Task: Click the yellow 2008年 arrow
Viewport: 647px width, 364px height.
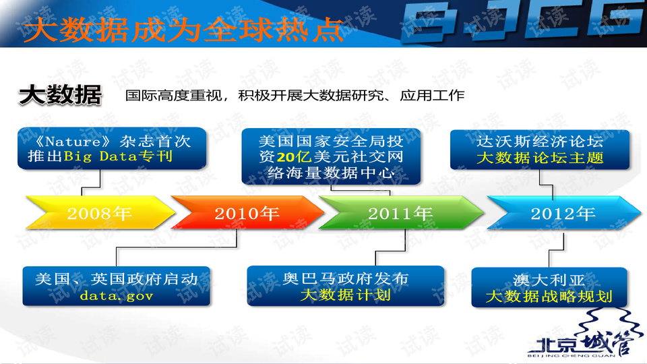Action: point(100,212)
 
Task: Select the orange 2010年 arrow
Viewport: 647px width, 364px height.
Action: point(247,212)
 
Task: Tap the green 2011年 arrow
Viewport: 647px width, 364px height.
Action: point(401,212)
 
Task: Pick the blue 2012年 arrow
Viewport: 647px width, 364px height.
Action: point(563,212)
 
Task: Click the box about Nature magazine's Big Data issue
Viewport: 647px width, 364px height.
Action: point(112,148)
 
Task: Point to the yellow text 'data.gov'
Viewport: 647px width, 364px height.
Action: point(117,295)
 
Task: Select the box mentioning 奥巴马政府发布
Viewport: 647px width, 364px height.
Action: point(346,286)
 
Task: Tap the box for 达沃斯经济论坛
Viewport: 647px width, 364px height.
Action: point(540,150)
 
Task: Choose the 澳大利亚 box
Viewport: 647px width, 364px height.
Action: point(549,288)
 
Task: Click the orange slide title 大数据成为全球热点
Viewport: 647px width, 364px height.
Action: point(183,30)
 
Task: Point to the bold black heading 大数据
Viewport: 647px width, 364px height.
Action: point(60,95)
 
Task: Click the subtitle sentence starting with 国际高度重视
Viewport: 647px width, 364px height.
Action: point(295,95)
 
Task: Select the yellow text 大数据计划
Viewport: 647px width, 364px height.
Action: point(346,295)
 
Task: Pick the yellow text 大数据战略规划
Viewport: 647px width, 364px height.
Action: point(549,297)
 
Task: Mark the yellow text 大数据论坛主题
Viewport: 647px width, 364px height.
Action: point(540,158)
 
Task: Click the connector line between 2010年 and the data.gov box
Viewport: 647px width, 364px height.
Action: point(177,247)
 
